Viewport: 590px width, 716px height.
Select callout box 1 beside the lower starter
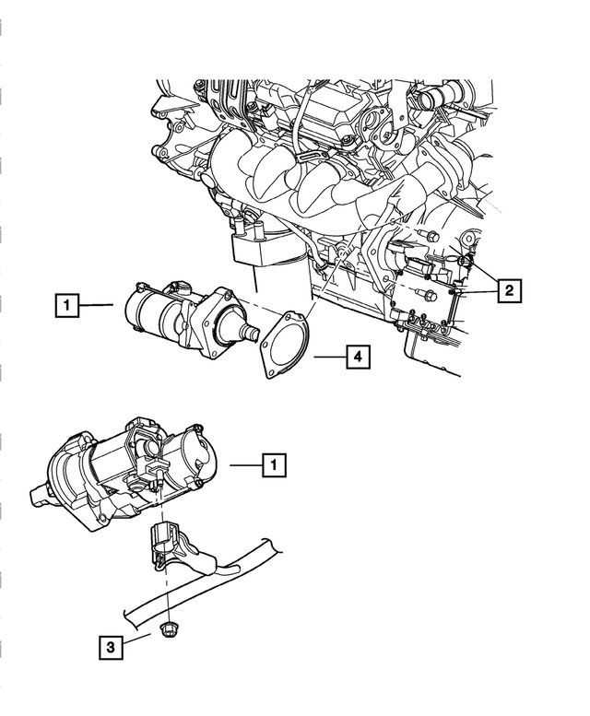click(273, 466)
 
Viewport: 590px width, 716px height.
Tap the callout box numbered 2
click(507, 290)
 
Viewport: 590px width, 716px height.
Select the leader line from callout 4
click(330, 356)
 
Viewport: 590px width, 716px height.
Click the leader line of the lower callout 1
click(245, 466)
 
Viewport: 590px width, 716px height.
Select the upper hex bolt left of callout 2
click(432, 237)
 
